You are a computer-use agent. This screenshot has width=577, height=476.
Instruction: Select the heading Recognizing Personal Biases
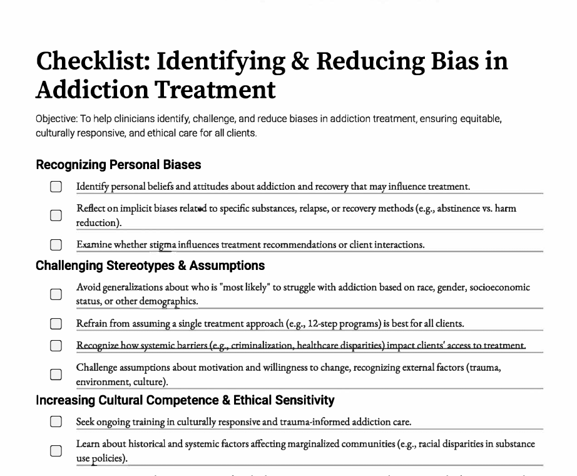tap(118, 165)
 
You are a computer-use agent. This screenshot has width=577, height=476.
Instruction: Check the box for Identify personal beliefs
tap(56, 187)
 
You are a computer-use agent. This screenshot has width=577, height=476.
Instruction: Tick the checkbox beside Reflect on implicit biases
tap(56, 215)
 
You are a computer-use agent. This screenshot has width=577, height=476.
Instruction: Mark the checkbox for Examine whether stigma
tap(56, 245)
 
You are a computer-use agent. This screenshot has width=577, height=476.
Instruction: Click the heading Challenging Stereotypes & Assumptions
tap(150, 266)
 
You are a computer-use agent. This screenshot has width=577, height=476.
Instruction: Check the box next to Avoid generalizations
tap(56, 294)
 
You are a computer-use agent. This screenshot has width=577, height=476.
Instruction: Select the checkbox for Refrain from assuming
tap(56, 324)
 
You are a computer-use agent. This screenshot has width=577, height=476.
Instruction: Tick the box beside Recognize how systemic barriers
tap(56, 346)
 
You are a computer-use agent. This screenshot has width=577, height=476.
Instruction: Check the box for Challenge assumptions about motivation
tap(56, 375)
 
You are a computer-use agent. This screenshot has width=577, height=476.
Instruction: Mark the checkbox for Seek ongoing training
tap(56, 422)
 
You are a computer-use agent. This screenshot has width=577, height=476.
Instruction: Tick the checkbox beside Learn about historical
tap(56, 451)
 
